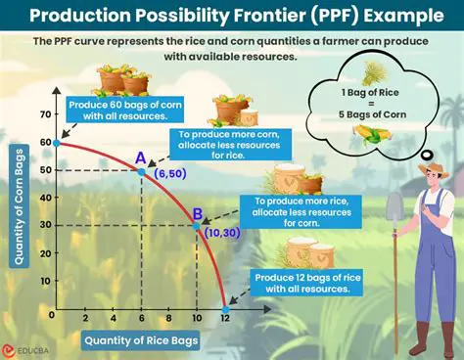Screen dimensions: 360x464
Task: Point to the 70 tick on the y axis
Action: coord(42,114)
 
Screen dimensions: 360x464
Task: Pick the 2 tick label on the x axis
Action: coord(85,319)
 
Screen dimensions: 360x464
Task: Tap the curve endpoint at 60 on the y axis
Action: coord(57,143)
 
